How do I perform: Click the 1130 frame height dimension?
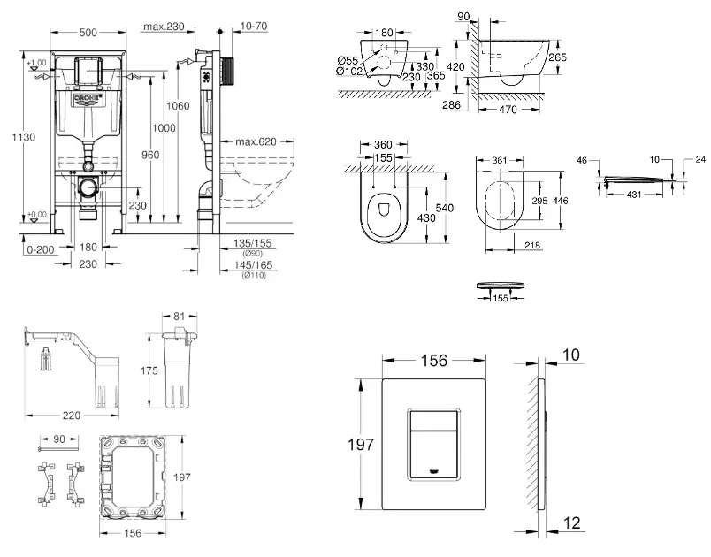coord(11,136)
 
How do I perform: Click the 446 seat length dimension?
coord(561,201)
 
